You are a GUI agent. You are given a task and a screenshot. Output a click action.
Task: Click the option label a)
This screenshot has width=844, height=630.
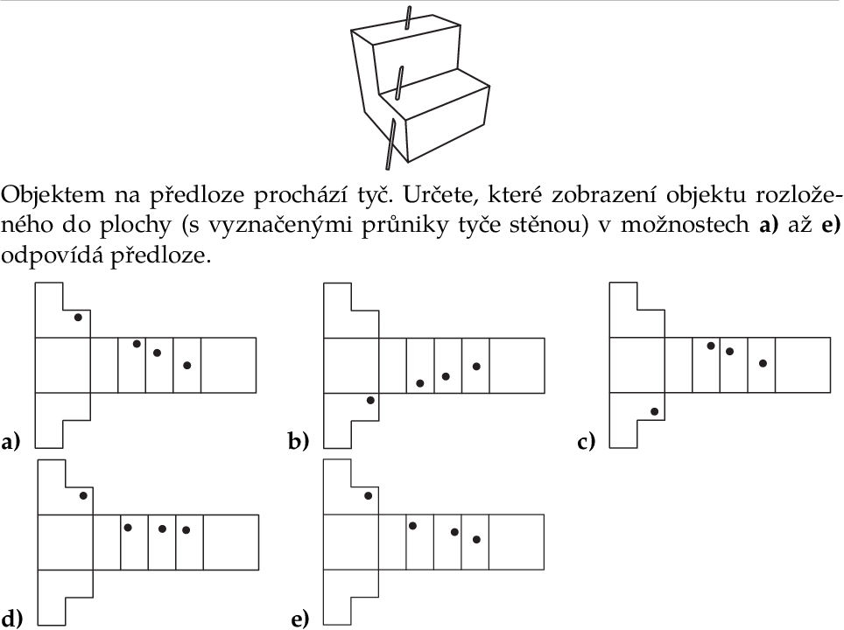(x=11, y=442)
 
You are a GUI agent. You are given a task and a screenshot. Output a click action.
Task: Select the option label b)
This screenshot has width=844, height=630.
(x=299, y=442)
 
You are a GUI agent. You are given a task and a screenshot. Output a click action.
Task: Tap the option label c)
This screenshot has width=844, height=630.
(x=587, y=442)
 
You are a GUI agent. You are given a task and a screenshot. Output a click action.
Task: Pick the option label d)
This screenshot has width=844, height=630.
(x=12, y=618)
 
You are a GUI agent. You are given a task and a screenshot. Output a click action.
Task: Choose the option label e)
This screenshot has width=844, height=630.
(x=300, y=619)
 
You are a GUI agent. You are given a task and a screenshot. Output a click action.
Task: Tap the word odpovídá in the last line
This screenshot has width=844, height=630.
(x=50, y=255)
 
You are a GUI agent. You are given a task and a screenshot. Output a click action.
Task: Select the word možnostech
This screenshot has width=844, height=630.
(x=685, y=224)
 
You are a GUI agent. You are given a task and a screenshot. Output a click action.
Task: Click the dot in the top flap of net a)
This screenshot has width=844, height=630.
(x=78, y=318)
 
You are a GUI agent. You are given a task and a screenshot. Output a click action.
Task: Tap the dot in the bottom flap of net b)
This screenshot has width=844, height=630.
(x=370, y=400)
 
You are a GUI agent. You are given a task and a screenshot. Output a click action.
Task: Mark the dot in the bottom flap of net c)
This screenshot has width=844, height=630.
(x=655, y=411)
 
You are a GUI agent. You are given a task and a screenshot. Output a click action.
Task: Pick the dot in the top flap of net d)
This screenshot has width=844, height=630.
(x=83, y=495)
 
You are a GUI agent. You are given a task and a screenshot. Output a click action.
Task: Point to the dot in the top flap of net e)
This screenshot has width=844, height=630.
(x=369, y=495)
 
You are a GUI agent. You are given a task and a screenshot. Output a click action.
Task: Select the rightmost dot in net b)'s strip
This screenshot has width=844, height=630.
(x=476, y=367)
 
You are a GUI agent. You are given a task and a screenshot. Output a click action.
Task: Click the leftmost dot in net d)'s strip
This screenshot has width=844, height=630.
(x=128, y=528)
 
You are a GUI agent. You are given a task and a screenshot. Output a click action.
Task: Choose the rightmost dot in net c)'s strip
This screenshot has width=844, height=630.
(x=763, y=364)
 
